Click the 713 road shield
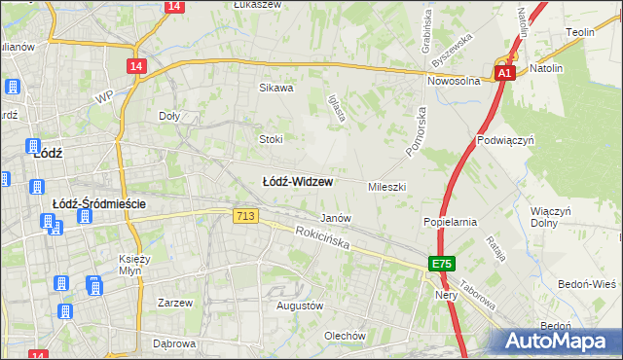pos(245,216)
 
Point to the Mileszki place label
pos(386,186)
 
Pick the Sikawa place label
pos(275,88)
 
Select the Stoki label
pos(270,139)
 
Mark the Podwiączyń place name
pos(506,140)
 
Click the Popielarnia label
pos(449,222)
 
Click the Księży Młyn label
pos(138,265)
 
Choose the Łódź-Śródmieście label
pos(98,203)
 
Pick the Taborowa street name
pos(476,289)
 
